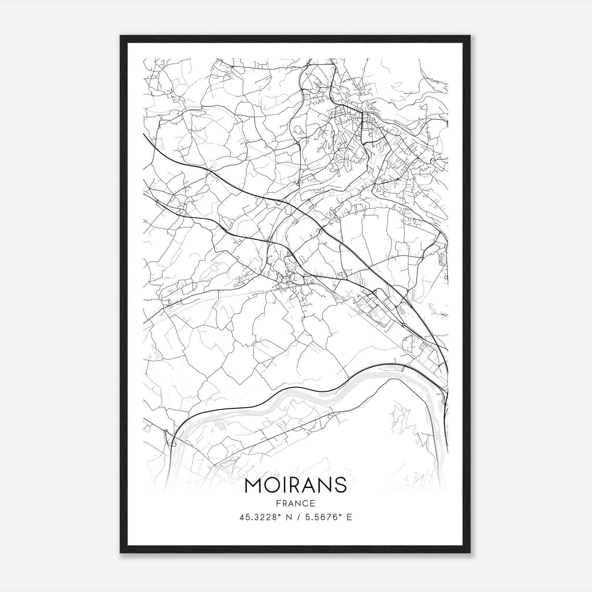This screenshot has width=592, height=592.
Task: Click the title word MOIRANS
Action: (x=296, y=485)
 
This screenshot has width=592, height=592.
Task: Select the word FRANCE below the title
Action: (x=296, y=503)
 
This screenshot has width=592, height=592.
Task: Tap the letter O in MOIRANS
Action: (x=272, y=485)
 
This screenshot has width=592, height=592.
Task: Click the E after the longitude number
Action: (x=349, y=517)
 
